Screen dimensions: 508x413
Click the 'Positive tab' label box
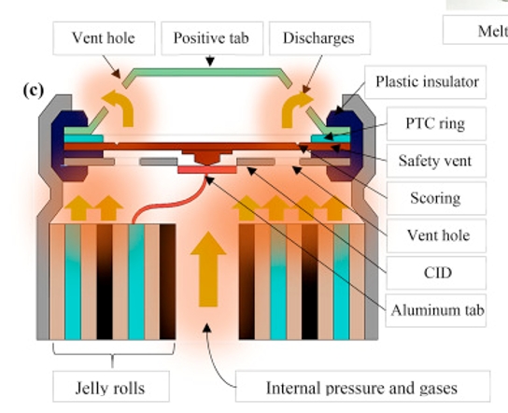coord(212,38)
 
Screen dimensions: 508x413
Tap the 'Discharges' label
coord(319,38)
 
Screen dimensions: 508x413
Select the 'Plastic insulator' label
coord(426,82)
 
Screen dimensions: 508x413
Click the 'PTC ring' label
coord(436,123)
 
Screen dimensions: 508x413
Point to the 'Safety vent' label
coord(436,161)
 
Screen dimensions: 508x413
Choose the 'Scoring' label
coord(436,198)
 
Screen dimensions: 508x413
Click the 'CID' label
coord(436,273)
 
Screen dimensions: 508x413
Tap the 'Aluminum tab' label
coord(436,310)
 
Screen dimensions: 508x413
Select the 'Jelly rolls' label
coord(111,387)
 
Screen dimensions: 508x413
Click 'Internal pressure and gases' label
coord(362,387)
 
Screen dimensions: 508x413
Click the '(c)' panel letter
coord(33,91)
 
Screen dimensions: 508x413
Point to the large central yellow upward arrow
coord(208,269)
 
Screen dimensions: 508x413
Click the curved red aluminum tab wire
coord(168,205)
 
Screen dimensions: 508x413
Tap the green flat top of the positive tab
coord(207,72)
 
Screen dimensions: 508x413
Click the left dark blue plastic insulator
coord(69,146)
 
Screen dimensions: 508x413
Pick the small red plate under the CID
coord(207,170)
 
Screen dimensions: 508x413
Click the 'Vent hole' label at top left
coord(104,38)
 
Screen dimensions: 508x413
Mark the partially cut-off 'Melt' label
coord(475,30)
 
